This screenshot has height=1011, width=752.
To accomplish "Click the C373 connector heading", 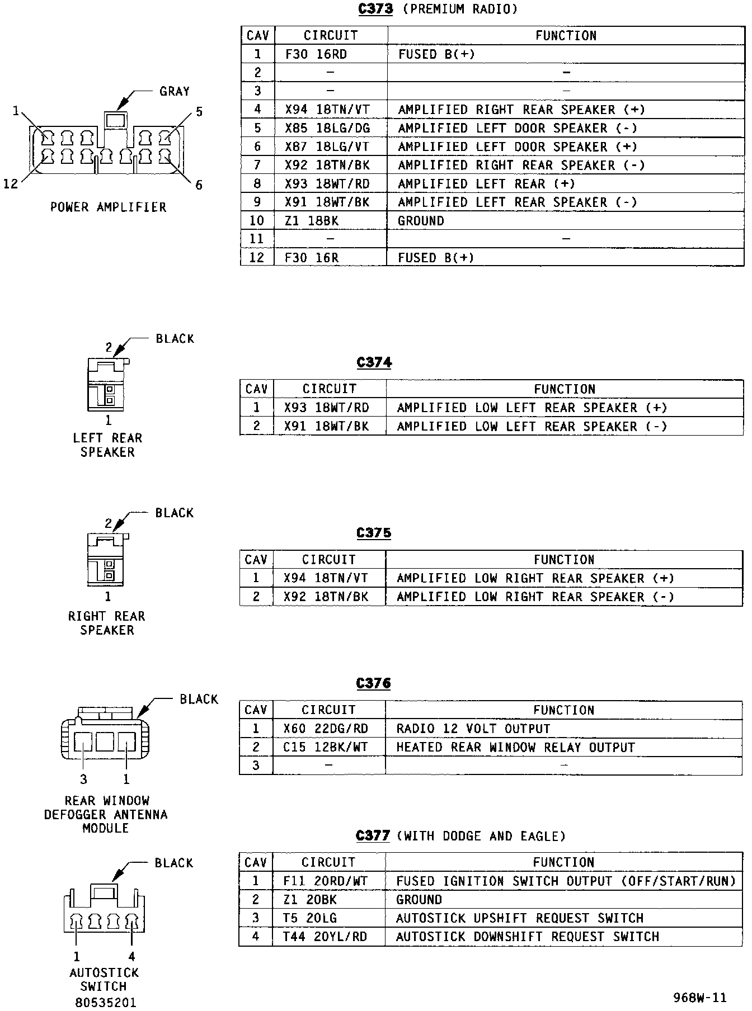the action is pos(375,9).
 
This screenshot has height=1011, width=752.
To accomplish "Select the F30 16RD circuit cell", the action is pos(316,54).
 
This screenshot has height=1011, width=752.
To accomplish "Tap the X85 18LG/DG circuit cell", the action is pos(327,128).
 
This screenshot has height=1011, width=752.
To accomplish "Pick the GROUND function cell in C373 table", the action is pos(421,221).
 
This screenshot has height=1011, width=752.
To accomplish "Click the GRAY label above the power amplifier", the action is pos(175,91).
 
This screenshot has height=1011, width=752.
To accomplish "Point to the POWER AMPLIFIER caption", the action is pos(109,207).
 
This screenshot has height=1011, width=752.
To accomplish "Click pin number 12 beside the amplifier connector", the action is pos(11,184).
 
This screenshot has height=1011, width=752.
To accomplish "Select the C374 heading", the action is pos(374,362).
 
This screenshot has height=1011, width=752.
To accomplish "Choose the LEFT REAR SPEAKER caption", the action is pos(107,445).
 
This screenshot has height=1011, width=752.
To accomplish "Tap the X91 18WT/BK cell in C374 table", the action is pos(327,426).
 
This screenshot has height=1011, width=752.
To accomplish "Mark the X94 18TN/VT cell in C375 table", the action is pos(326,578).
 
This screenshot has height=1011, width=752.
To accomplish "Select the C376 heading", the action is pos(373,683).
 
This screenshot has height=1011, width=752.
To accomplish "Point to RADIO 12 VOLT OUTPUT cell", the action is pos(473,729).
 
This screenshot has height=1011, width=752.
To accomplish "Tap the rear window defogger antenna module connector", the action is pos(105,738).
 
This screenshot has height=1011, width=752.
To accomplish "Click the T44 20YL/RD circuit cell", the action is pos(325,936).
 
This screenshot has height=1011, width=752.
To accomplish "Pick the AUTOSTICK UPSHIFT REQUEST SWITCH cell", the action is pos(520,918).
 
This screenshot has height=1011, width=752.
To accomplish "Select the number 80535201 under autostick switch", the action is pos(105,1003).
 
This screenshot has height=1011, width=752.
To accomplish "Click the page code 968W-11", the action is pos(700,997).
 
